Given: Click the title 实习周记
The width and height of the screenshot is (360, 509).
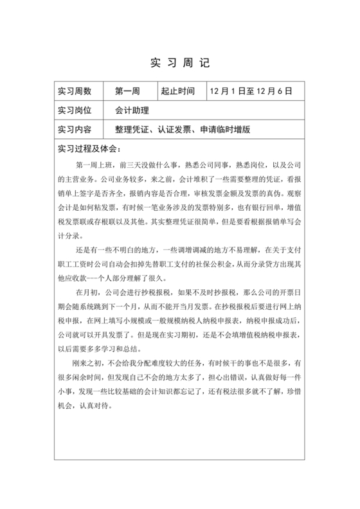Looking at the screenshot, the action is coord(179,63).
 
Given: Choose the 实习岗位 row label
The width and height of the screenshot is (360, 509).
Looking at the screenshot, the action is coord(75,111).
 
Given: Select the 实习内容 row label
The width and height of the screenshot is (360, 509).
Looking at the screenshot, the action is coord(75,129).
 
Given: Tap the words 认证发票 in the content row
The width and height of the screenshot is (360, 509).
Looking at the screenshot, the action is coord(175,129).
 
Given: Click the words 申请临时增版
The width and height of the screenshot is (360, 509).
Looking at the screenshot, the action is coord(224,129).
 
